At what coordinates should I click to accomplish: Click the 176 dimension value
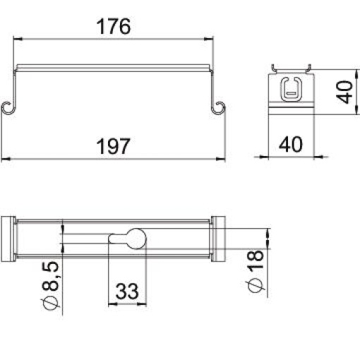(114, 27)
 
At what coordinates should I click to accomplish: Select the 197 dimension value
(114, 146)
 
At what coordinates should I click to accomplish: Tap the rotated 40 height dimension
(345, 91)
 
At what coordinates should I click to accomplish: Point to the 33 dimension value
(126, 292)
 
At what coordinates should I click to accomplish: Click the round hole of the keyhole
(134, 241)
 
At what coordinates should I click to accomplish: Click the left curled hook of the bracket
(8, 107)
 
